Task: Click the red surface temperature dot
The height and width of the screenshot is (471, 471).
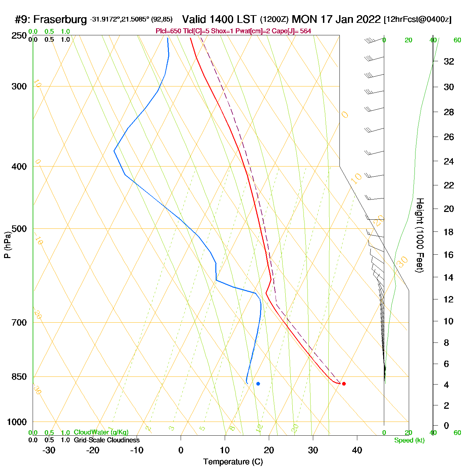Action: [343, 384]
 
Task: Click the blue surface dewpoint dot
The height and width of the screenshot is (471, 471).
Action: [258, 384]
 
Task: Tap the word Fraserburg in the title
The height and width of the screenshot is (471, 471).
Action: [60, 20]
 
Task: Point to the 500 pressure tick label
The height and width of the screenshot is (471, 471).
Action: [19, 229]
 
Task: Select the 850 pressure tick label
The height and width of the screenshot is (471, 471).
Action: [19, 377]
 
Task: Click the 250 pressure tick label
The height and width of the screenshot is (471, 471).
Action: [19, 36]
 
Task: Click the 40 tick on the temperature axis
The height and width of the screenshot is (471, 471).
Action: [357, 450]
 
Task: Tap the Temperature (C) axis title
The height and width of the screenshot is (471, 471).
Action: [233, 462]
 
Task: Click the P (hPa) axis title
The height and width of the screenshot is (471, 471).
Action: [7, 245]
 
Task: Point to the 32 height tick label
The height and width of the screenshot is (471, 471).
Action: [449, 62]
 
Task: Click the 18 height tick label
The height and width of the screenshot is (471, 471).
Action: [449, 232]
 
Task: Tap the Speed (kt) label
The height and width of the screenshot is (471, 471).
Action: [409, 440]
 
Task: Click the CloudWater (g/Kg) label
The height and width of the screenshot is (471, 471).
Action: [101, 432]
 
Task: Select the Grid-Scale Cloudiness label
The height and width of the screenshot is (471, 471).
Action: [107, 440]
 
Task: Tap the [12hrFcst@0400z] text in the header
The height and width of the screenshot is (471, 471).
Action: [418, 20]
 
